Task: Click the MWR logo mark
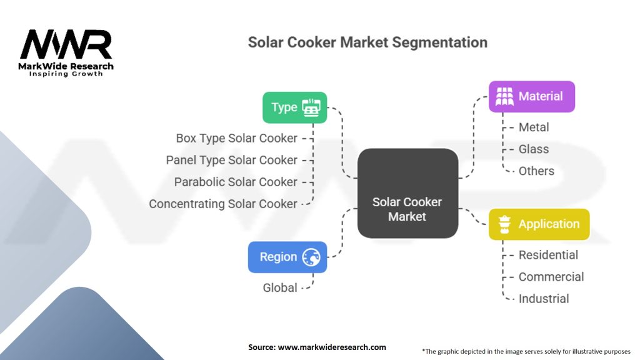coord(66,45)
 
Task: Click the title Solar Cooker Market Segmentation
coord(367,42)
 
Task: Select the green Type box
coord(294,107)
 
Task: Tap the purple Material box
coord(531,96)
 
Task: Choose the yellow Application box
coord(539,224)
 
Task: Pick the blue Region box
coord(287,257)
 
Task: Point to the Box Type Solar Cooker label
coord(236,138)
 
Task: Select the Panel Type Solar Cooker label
coord(231,160)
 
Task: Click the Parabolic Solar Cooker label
coord(236,182)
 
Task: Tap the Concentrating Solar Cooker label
coord(223,204)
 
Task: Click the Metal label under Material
coord(534,127)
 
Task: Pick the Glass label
coord(534,149)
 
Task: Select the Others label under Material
coord(536,171)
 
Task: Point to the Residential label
coord(548,255)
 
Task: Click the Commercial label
coord(551,277)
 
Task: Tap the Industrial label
coord(544,299)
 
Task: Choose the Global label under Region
coord(280,288)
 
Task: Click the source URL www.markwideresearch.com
coord(331,347)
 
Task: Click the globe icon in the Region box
coord(311,257)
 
